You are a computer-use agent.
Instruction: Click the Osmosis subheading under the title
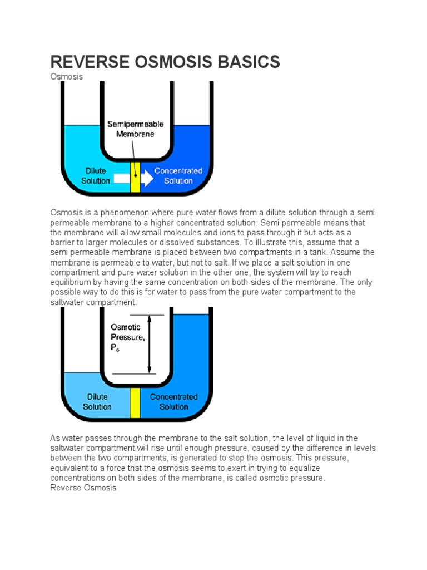pos(66,77)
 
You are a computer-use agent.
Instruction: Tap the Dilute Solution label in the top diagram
pos(96,176)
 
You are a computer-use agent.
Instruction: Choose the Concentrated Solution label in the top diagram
pos(178,176)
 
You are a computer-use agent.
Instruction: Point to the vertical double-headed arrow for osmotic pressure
pos(149,344)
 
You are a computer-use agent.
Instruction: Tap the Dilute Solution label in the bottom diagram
pos(97,402)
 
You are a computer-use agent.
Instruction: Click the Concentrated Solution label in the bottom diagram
pos(173,402)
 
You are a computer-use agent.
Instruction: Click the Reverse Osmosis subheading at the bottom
pos(83,488)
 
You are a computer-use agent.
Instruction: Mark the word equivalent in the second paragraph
pos(69,468)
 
